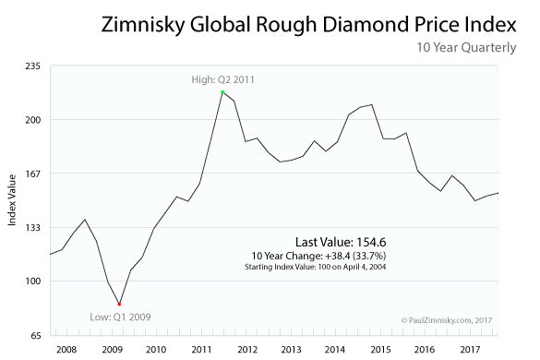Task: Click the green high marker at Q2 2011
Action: pos(222,92)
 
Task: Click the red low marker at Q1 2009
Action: pos(119,304)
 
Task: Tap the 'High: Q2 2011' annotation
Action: pos(222,80)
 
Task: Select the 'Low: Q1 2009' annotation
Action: pos(120,316)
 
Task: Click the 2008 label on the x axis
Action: pos(66,350)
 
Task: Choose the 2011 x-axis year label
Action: pos(202,350)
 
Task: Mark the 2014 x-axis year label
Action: pos(335,350)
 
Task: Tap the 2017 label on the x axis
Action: pos(469,350)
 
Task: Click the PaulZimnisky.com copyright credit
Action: pos(449,320)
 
